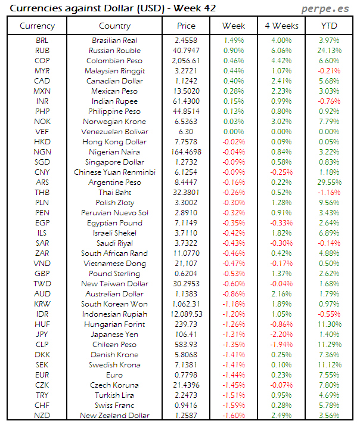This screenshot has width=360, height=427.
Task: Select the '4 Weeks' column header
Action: coord(281,26)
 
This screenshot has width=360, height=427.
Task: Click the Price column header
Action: coord(186,26)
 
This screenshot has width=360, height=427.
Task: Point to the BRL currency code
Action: coord(42,41)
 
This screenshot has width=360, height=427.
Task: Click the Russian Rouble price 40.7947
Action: coord(186,51)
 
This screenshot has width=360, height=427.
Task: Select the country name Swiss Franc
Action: coord(114,406)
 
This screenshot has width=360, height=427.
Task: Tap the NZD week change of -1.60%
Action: coord(233,416)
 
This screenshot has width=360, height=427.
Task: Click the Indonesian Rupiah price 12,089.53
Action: coord(186,314)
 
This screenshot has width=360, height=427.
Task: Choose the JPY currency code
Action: coord(42,335)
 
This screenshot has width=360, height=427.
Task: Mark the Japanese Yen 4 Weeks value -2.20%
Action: coord(281,335)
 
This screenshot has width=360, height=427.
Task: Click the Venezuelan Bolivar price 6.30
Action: coord(186,132)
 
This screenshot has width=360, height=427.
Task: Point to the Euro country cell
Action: coord(114,375)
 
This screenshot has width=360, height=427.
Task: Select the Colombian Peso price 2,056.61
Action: coord(186,61)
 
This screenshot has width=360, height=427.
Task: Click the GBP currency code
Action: coord(42,274)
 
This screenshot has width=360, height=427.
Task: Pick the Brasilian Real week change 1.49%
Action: coord(233,41)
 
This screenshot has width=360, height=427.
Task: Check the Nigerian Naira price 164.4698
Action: coord(186,152)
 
